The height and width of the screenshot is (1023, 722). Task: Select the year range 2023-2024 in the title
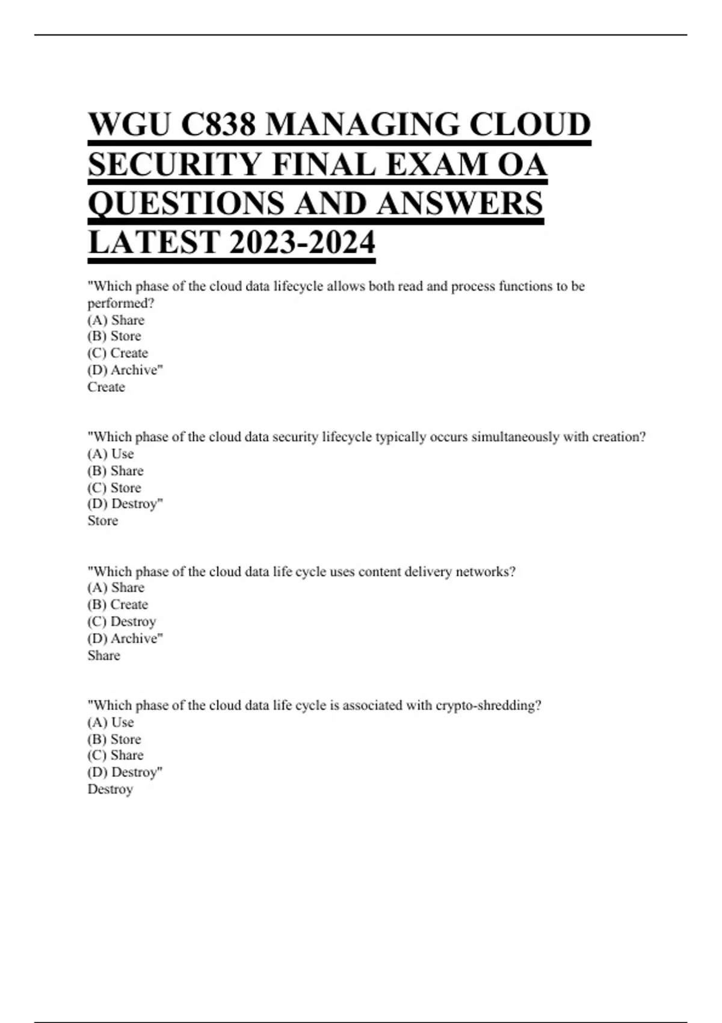click(302, 243)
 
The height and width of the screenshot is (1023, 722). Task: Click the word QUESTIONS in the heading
click(186, 203)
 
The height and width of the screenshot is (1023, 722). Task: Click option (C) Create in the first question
click(118, 353)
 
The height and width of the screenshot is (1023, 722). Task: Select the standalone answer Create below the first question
click(106, 387)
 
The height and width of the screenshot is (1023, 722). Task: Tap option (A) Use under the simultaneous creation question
click(111, 454)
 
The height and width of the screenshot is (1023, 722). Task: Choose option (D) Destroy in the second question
click(125, 504)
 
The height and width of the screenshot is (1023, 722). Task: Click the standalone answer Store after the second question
click(103, 521)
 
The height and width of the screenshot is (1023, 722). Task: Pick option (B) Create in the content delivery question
click(118, 604)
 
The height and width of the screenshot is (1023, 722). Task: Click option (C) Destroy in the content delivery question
click(122, 621)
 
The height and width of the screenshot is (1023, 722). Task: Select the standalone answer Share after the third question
click(104, 655)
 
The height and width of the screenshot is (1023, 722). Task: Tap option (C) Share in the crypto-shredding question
click(116, 755)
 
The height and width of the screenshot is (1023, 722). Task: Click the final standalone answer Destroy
click(110, 789)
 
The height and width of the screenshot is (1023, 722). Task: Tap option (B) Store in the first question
click(114, 336)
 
